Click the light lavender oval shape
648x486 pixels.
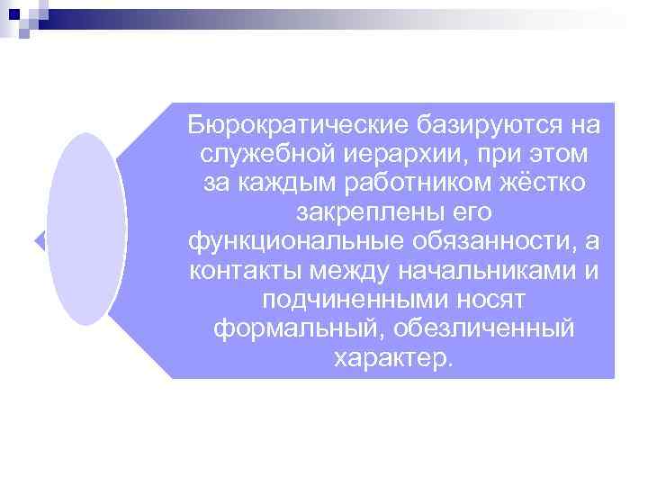coord(85,229)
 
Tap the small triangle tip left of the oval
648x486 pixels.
coord(40,240)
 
